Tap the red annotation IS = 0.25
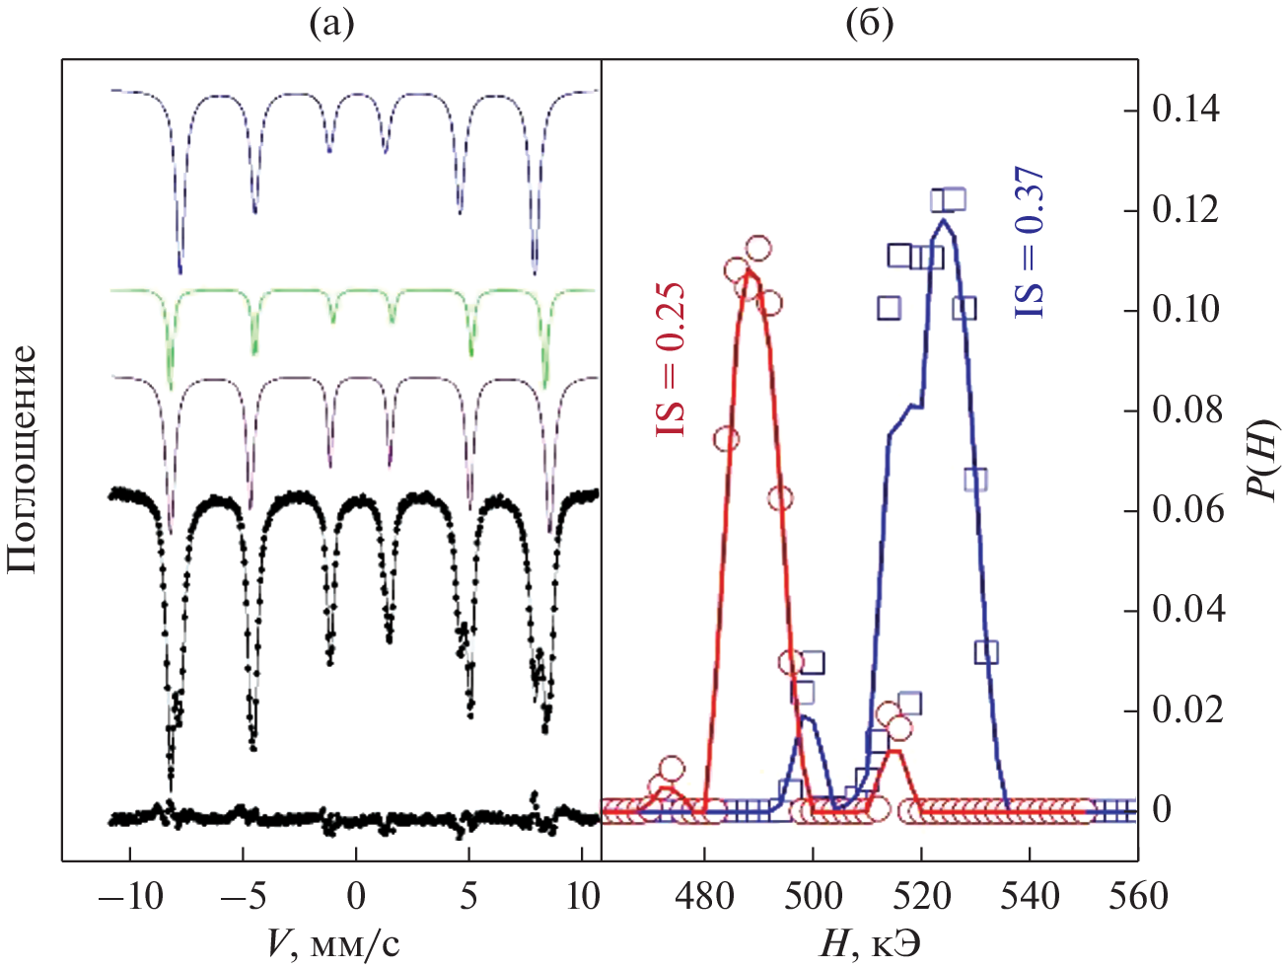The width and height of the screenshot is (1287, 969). [x=671, y=361]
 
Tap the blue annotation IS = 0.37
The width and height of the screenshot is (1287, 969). [x=1030, y=243]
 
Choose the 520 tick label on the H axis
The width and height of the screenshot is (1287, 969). [x=921, y=896]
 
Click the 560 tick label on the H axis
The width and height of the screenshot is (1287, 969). [x=1137, y=896]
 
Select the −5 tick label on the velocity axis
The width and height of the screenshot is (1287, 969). [x=243, y=896]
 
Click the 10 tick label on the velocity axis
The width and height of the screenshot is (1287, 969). [x=584, y=896]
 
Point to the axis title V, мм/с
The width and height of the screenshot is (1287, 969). [x=333, y=945]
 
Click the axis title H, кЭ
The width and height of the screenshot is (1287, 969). [x=869, y=945]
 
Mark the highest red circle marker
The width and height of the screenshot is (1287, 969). [x=758, y=250]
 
